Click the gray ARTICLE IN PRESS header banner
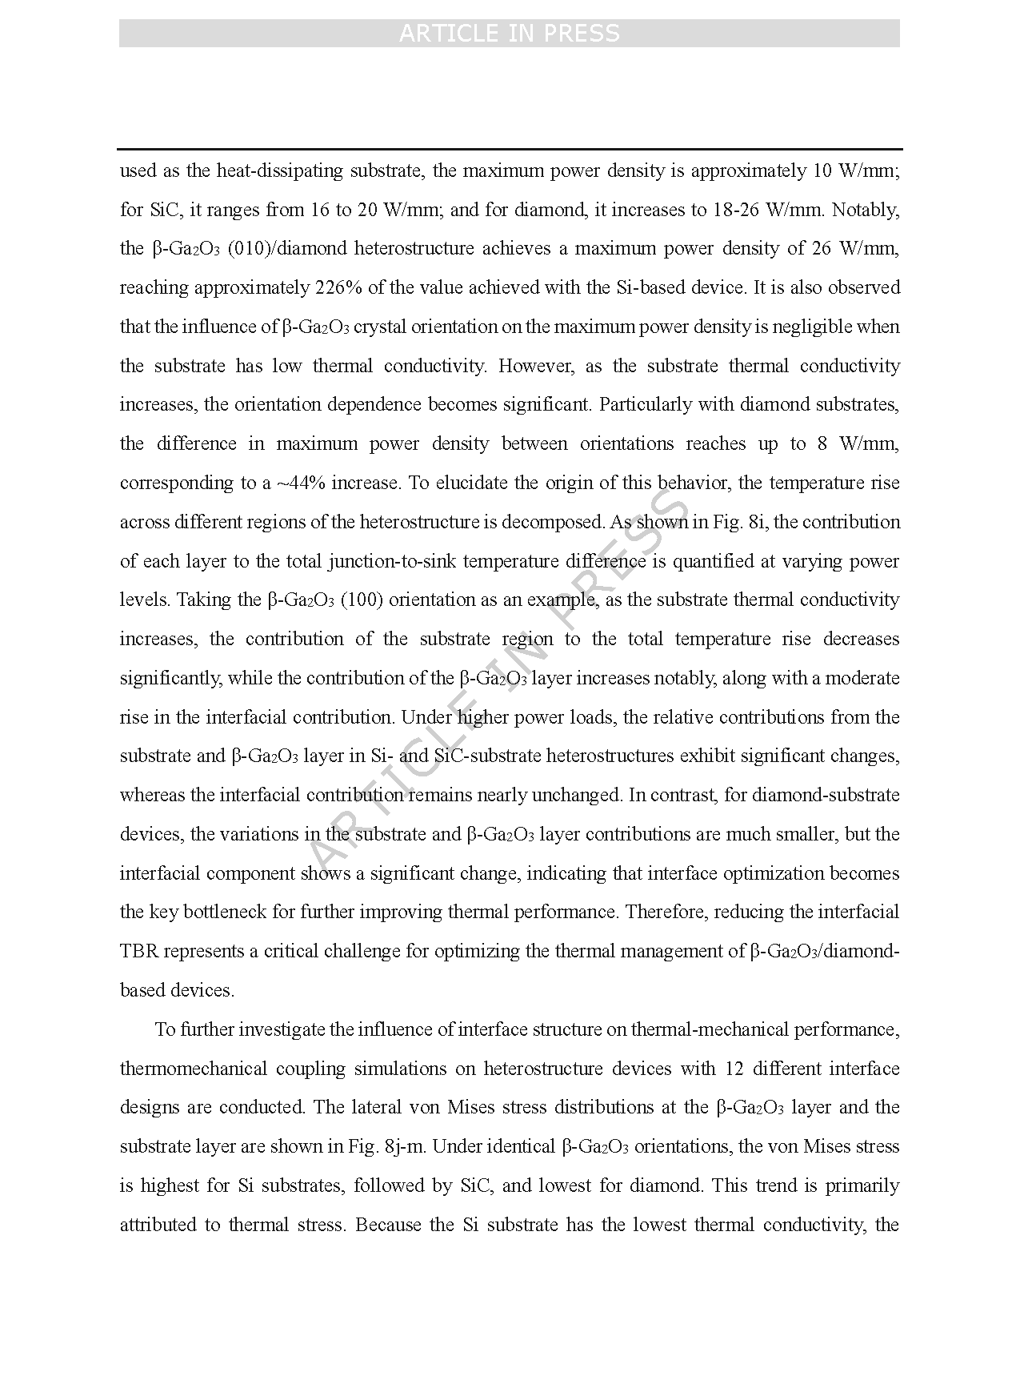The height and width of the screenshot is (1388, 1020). click(x=509, y=34)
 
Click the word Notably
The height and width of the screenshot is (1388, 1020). click(x=867, y=210)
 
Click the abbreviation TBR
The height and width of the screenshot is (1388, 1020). click(x=139, y=951)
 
